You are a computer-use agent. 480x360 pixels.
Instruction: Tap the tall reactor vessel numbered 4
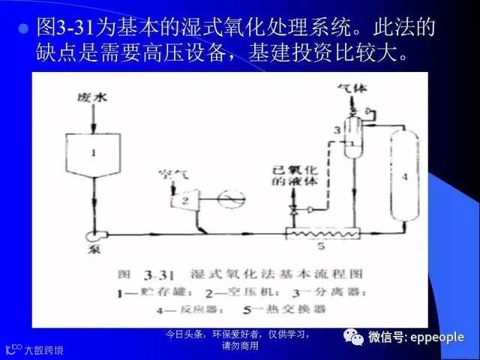pos(403,176)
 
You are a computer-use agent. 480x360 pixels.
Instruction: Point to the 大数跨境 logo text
pos(43,349)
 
